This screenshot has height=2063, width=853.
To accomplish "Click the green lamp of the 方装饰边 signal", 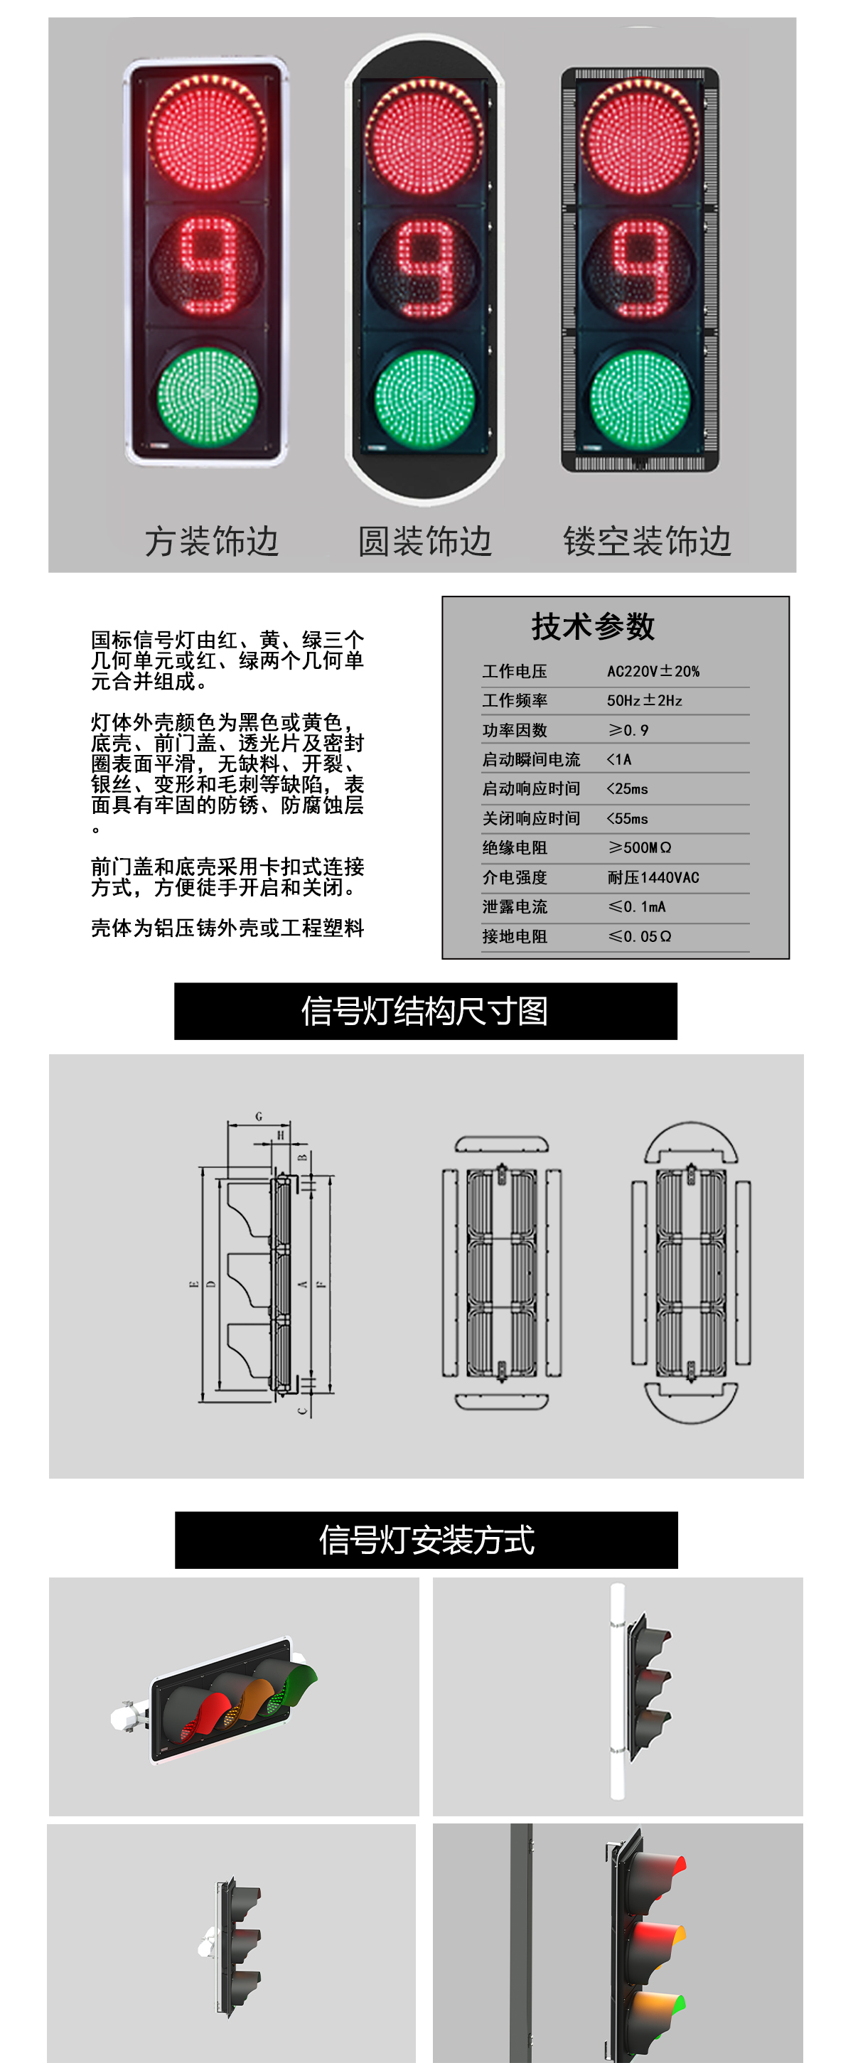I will pyautogui.click(x=208, y=396).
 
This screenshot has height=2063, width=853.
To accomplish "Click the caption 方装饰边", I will pyautogui.click(x=211, y=542).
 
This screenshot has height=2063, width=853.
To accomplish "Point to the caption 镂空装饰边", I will pyautogui.click(x=647, y=542).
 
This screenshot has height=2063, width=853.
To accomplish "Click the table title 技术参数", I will pyautogui.click(x=594, y=626).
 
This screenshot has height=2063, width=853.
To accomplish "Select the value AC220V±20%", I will pyautogui.click(x=653, y=671).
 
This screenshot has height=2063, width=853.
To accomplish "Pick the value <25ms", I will pyautogui.click(x=627, y=789).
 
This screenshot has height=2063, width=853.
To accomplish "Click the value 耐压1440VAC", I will pyautogui.click(x=653, y=877).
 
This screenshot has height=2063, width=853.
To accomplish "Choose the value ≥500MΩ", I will pyautogui.click(x=639, y=847).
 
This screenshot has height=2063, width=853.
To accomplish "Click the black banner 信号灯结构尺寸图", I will pyautogui.click(x=425, y=1011).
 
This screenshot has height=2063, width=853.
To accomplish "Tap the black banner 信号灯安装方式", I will pyautogui.click(x=426, y=1539).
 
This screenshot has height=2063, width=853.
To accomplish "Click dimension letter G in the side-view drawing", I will pyautogui.click(x=259, y=1115).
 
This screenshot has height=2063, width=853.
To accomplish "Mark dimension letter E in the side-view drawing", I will pyautogui.click(x=193, y=1285).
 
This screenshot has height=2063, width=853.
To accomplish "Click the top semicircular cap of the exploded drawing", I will pyautogui.click(x=690, y=1140).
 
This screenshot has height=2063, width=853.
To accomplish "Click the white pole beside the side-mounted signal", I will pyautogui.click(x=617, y=1690).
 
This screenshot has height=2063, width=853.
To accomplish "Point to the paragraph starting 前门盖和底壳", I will pyautogui.click(x=227, y=877).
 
